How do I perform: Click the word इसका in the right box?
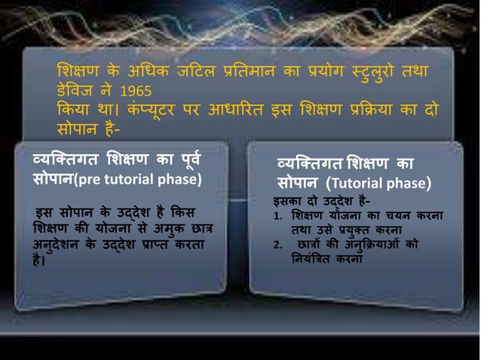[x=289, y=201]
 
